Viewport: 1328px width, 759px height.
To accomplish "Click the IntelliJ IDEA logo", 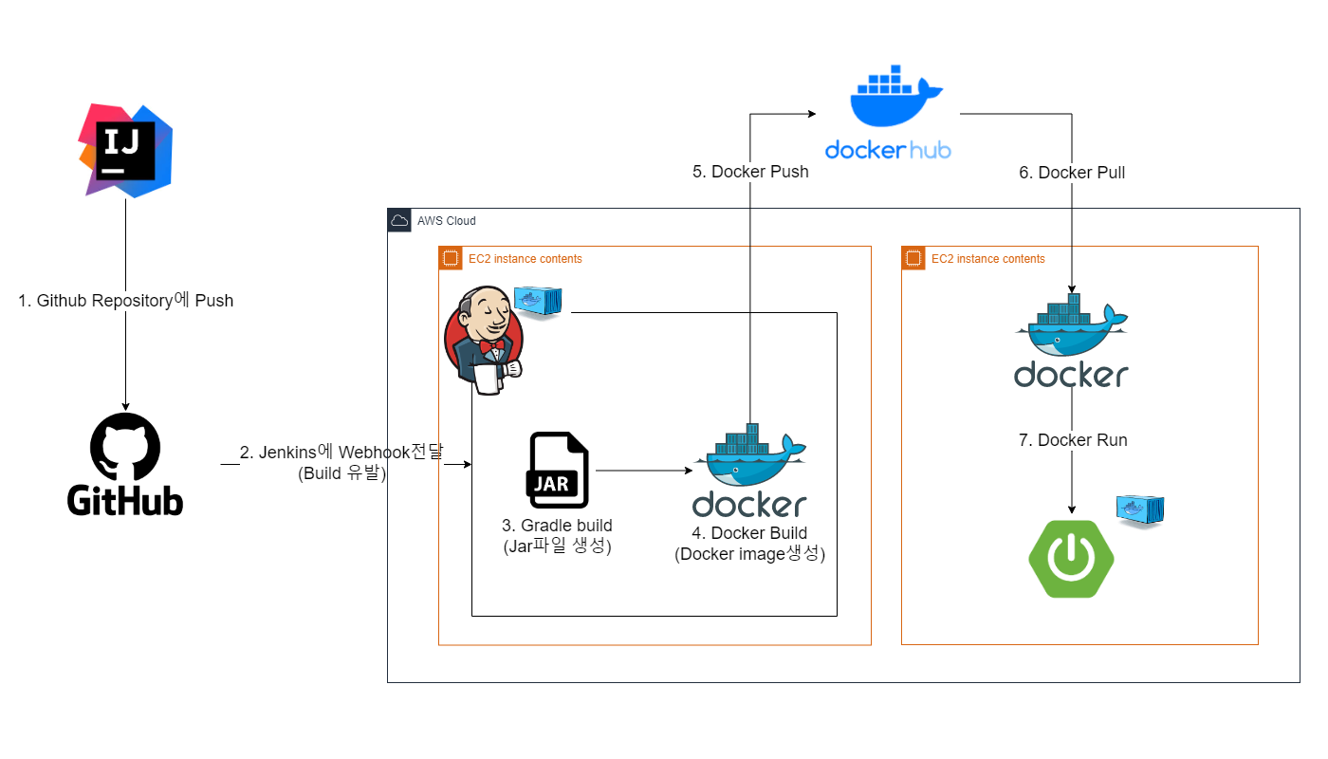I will pyautogui.click(x=125, y=151).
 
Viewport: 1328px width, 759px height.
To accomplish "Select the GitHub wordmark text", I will pyautogui.click(x=125, y=499).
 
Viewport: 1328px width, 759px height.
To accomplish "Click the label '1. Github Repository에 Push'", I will pyautogui.click(x=125, y=301).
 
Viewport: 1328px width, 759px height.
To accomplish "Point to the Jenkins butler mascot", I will pyautogui.click(x=483, y=340).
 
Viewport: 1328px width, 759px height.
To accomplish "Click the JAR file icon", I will pyautogui.click(x=557, y=471).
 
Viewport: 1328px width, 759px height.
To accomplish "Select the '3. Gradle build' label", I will pyautogui.click(x=557, y=526).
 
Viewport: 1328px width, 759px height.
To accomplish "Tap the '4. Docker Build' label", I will pyautogui.click(x=749, y=533).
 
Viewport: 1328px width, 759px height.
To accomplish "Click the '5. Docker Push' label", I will pyautogui.click(x=750, y=172).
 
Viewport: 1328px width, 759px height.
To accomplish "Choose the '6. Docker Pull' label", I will pyautogui.click(x=1072, y=173).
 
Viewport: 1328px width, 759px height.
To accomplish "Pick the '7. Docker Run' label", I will pyautogui.click(x=1073, y=440).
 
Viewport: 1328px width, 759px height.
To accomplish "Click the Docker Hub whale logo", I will pyautogui.click(x=896, y=98).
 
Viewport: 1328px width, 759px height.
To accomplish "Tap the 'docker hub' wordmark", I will pyautogui.click(x=888, y=150).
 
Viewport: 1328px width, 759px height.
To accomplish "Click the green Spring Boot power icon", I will pyautogui.click(x=1071, y=559).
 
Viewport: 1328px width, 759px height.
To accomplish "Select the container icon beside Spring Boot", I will pyautogui.click(x=1140, y=510).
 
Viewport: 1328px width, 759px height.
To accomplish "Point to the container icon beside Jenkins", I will pyautogui.click(x=538, y=302).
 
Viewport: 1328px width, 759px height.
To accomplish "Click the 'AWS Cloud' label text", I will pyautogui.click(x=446, y=221).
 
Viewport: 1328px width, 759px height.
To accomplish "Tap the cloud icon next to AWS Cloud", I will pyautogui.click(x=399, y=220).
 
